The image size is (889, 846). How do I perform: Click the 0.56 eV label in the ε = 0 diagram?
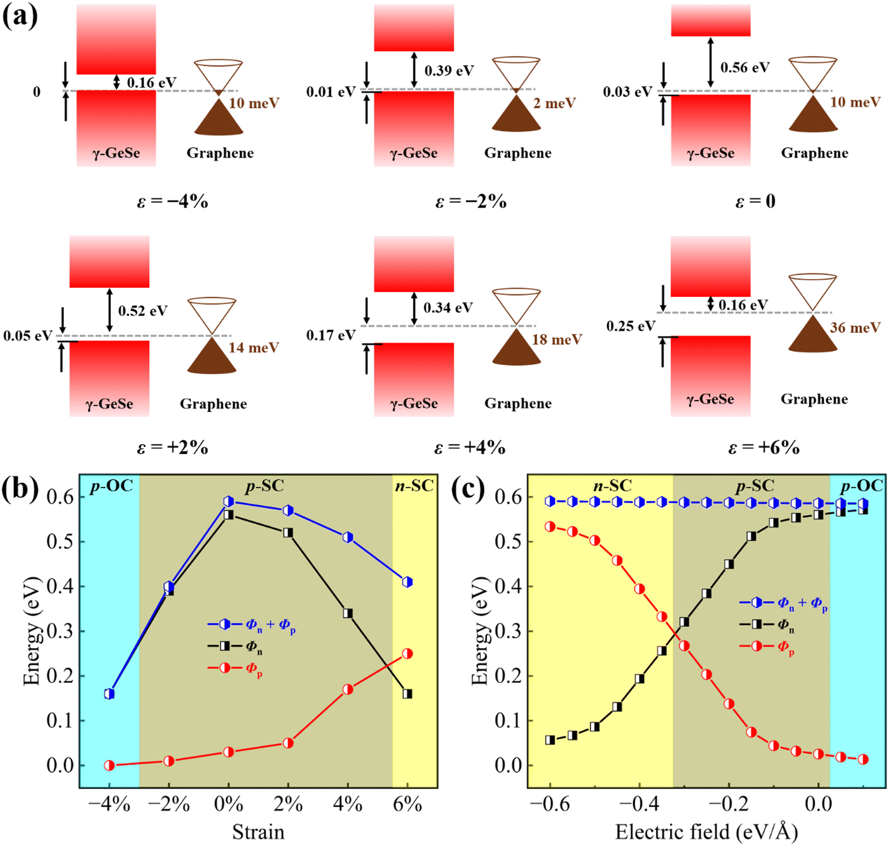745,67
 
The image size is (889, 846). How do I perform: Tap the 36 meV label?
855,327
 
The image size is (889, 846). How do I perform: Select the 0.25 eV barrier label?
631,326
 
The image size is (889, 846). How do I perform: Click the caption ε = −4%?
172,202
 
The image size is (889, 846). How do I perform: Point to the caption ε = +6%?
764,447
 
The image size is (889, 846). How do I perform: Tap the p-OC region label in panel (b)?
111,486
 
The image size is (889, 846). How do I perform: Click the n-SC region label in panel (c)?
612,486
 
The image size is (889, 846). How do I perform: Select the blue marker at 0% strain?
229,502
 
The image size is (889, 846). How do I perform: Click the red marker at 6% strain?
408,653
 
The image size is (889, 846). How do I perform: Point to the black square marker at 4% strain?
348,613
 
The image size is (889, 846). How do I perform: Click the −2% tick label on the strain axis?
169,805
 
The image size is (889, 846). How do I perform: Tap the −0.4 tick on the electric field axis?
639,805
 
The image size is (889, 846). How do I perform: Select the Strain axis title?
258,832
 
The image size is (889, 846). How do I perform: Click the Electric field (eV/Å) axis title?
706,832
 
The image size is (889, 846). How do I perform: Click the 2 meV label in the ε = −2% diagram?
554,103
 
